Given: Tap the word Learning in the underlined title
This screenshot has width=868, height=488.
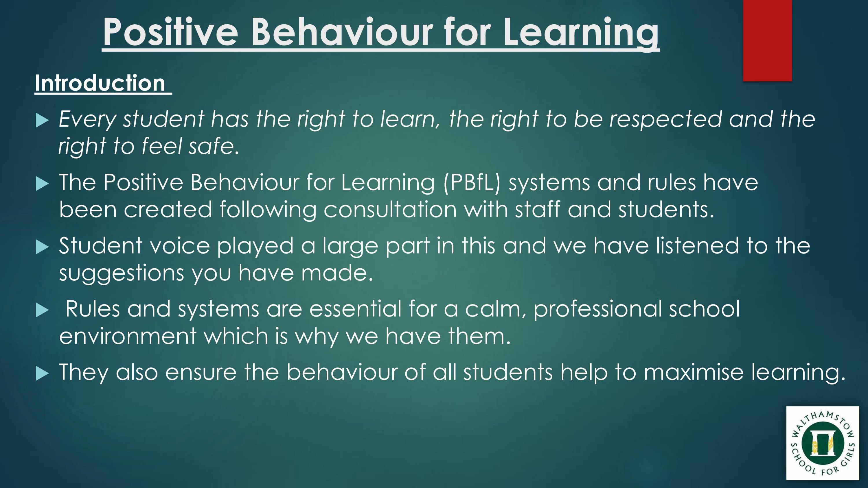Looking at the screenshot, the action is click(581, 34).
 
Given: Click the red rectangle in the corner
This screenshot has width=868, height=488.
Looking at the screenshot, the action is click(767, 40).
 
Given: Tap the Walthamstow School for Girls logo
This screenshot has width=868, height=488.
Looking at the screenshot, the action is click(823, 443).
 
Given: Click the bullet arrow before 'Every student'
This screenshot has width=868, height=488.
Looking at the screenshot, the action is click(42, 120).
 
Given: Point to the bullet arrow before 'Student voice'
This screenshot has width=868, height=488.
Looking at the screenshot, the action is click(42, 247).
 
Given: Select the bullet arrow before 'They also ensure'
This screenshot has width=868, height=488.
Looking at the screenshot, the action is click(42, 374).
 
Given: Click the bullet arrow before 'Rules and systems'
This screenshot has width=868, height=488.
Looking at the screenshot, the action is click(42, 310).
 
